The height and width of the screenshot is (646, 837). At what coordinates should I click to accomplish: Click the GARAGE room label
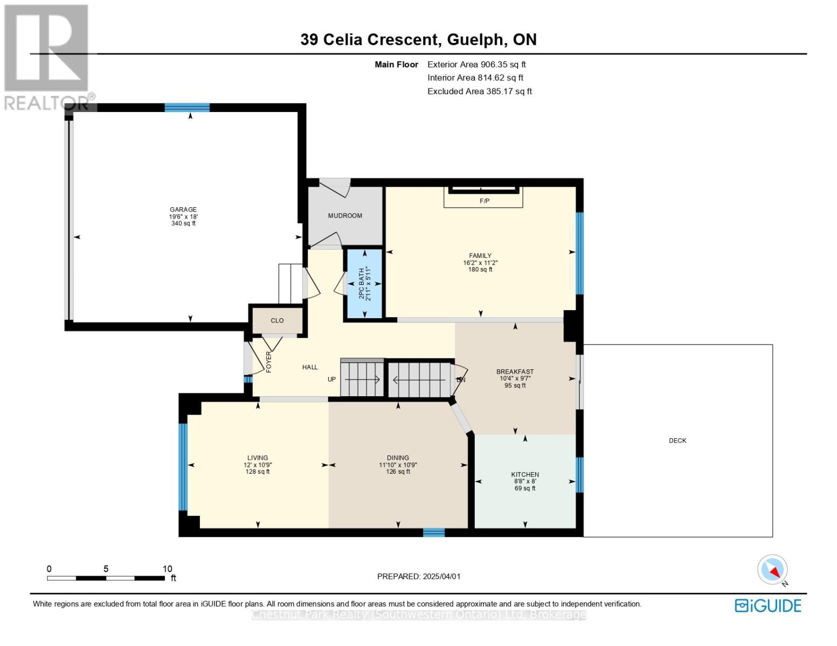click(x=183, y=209)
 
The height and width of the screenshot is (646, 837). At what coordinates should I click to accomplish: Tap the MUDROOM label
click(x=345, y=215)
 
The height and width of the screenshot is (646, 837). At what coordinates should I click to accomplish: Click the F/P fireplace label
click(x=484, y=201)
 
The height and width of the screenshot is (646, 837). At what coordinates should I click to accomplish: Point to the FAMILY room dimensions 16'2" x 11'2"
click(x=480, y=263)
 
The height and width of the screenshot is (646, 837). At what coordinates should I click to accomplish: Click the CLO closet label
click(x=277, y=320)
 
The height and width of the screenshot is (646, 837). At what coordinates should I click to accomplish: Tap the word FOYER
click(x=268, y=362)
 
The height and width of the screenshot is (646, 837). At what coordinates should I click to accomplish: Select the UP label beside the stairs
click(x=331, y=379)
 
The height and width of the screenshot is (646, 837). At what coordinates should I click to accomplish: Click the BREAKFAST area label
click(x=515, y=371)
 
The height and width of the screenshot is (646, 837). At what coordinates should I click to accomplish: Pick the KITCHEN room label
click(x=525, y=474)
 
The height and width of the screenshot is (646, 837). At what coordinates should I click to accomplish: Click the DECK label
click(x=677, y=440)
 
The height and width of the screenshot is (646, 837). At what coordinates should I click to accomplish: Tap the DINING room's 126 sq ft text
click(x=398, y=472)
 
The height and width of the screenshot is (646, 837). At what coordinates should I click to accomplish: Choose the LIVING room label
click(x=258, y=458)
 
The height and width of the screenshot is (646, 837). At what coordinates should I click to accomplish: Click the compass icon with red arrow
click(x=773, y=570)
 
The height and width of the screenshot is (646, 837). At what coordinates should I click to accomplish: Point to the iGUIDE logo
click(x=768, y=606)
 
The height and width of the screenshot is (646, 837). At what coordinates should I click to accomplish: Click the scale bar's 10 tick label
click(x=167, y=568)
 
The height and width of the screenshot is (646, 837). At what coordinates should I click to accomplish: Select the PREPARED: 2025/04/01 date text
click(x=419, y=576)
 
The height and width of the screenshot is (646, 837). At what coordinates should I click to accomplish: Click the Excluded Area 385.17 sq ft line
click(x=479, y=91)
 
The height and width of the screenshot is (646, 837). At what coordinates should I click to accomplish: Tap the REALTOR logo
click(x=47, y=57)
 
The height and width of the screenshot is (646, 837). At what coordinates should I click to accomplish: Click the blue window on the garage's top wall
click(x=187, y=107)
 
